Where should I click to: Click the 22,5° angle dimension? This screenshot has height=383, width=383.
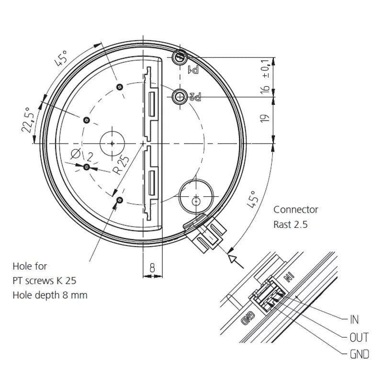[x=30, y=120]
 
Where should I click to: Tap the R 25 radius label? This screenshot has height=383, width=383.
[x=120, y=164]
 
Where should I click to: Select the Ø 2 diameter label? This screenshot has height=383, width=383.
[x=81, y=155]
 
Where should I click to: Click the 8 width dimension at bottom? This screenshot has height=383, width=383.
[x=152, y=269]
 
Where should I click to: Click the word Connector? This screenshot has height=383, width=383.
[x=295, y=210]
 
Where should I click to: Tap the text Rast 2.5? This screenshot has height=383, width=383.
[x=290, y=224]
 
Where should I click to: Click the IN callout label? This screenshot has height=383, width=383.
[x=354, y=320]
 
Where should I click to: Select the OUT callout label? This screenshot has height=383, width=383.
[x=359, y=338]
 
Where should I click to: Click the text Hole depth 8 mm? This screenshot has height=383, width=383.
[x=50, y=295]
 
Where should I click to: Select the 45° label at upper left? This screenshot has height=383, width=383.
[x=61, y=59]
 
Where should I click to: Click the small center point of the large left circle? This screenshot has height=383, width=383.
[x=112, y=143]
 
